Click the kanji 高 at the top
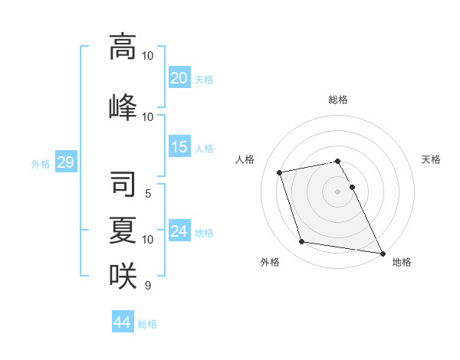pos(123,47)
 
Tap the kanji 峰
pos(123,106)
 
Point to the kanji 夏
pos(123,230)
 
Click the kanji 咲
pos(123,275)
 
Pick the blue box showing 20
pos(179,77)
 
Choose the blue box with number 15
pos(179,147)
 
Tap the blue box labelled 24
pos(179,231)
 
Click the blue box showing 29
pos(65,162)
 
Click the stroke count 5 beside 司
pos(148,194)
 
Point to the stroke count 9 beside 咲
pos(148,286)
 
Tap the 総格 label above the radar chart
pos(338,100)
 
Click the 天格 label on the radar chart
pos(432,159)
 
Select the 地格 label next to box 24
pos(205,232)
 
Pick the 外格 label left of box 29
pos(40,163)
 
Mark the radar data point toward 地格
pos(382,252)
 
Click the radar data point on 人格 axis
pos(280,172)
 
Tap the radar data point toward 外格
pos(302,242)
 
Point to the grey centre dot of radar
pos(338,191)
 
